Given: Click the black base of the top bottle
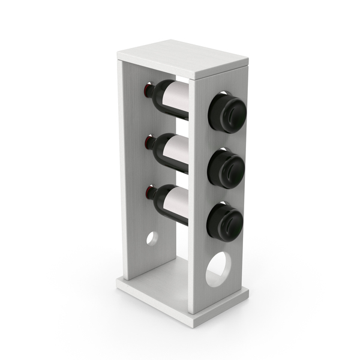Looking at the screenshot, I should coord(227,112).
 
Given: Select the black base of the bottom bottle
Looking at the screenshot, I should coord(225,222).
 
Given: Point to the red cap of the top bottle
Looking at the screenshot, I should coord(148,91).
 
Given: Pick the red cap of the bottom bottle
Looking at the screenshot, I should coord(148,193).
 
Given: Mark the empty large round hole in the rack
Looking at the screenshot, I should coord(217,269).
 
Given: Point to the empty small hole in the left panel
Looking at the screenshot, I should coord(152,238).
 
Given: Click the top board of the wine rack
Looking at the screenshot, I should coord(182,58).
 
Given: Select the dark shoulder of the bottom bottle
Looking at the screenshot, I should coord(158,198).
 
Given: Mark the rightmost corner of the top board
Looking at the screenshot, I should coord(247,62).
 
